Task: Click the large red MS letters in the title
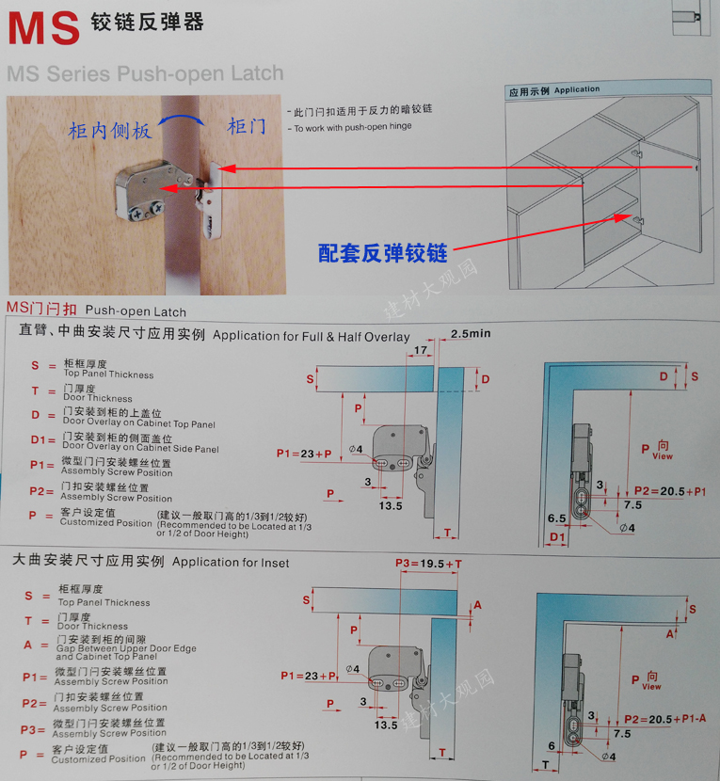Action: [x=43, y=27]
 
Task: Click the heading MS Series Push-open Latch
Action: [x=145, y=73]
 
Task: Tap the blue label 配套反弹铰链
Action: [x=381, y=251]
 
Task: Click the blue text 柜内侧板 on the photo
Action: [x=110, y=131]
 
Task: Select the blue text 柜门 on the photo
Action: [x=247, y=126]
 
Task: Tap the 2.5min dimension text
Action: [x=471, y=333]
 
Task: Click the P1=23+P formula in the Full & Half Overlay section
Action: [x=304, y=454]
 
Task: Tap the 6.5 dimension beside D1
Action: [x=555, y=518]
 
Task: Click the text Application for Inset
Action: [x=231, y=563]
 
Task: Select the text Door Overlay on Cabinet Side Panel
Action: [x=140, y=449]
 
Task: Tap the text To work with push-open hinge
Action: [x=353, y=128]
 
